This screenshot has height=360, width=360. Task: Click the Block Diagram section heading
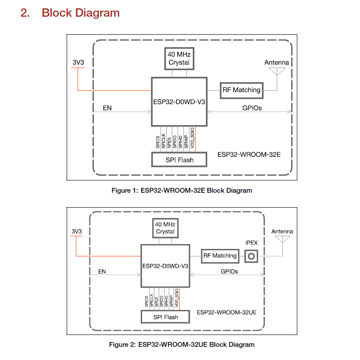[x=70, y=13]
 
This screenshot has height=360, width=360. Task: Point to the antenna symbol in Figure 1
[x=277, y=71]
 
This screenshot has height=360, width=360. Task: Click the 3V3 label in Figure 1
[x=78, y=62]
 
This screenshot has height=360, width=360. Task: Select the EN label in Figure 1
[x=107, y=108]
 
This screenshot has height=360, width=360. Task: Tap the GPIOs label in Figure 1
[x=252, y=108]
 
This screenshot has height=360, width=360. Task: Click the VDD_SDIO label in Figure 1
[x=192, y=138]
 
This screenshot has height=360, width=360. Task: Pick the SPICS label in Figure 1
[x=158, y=142]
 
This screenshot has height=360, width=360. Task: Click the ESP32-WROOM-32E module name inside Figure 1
[x=249, y=155]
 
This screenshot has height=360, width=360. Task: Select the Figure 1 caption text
[x=182, y=191]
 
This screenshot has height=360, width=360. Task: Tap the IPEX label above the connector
[x=251, y=243]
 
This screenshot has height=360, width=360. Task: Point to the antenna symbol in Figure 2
[x=282, y=239]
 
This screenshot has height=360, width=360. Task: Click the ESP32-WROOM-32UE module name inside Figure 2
[x=227, y=312]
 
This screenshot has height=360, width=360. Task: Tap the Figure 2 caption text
[x=182, y=344]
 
